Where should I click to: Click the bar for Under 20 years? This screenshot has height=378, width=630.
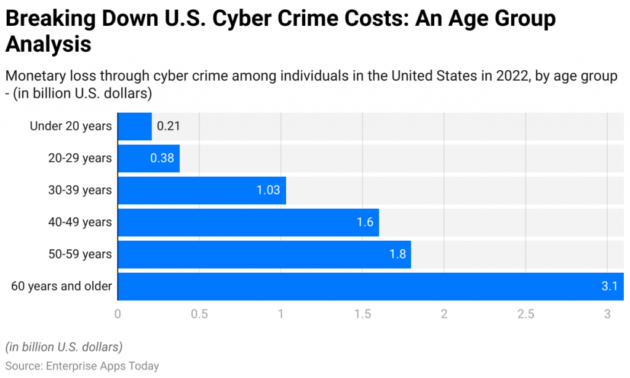coord(134,126)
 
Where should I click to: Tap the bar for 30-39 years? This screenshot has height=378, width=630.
coord(201,190)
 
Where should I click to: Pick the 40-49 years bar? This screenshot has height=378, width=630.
coord(248,222)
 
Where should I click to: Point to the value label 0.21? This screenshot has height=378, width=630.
coord(168,126)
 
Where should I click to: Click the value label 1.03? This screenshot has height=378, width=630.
coord(268,190)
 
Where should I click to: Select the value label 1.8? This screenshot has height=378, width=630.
coord(397,254)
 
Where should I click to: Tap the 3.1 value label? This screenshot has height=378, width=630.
coord(610,286)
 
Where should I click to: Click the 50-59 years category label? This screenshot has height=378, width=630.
coord(80,254)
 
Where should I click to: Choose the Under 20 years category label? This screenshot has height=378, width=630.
coord(71,126)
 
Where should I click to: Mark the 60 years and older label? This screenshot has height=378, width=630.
coord(62,286)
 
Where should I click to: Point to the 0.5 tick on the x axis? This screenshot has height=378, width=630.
coord(199,313)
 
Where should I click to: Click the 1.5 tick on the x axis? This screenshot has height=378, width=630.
coord(362,313)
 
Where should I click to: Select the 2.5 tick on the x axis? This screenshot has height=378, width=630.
coord(525,313)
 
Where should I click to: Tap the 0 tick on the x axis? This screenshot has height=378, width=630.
coord(118,313)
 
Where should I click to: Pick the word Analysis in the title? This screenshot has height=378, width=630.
coord(48,45)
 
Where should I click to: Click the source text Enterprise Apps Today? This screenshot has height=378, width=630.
coord(103,366)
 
